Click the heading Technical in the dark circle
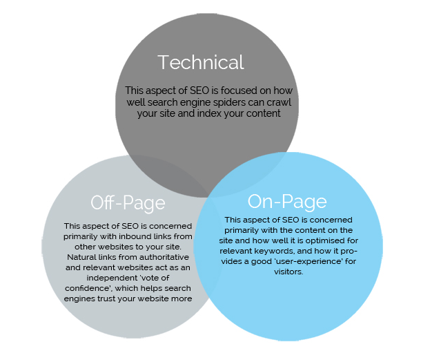click(201, 62)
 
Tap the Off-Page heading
click(128, 202)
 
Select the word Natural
click(79, 257)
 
